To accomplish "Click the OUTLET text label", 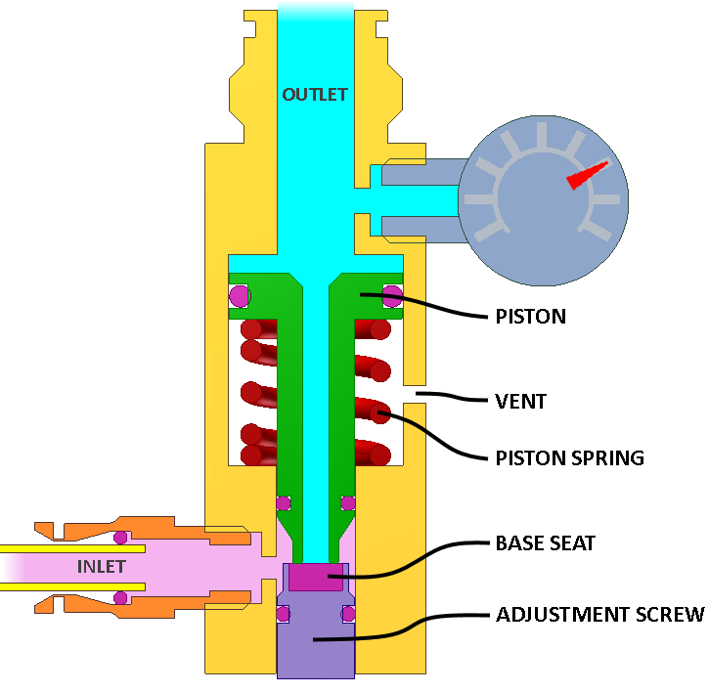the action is click(x=315, y=95).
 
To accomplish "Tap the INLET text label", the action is click(x=102, y=567).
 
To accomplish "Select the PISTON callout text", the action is click(x=531, y=317).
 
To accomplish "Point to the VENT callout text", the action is click(x=521, y=402).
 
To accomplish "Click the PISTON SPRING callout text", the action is click(x=570, y=458).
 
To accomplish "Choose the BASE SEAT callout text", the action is click(x=546, y=542).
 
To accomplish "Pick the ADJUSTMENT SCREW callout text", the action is click(x=600, y=615).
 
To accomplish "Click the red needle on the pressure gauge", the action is click(x=587, y=176).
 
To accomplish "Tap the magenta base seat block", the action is click(x=316, y=577).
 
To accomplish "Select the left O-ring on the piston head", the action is click(x=240, y=296).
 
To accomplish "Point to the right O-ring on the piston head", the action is click(x=392, y=296).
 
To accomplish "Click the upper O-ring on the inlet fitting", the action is click(x=120, y=538).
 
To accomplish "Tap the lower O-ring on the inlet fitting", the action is click(x=120, y=598).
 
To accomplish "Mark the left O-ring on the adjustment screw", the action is click(x=283, y=614).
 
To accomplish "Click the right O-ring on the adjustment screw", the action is click(x=348, y=614).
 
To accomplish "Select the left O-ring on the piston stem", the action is click(x=284, y=502).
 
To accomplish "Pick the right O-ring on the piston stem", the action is click(x=348, y=502).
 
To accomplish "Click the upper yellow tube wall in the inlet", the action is click(x=72, y=548).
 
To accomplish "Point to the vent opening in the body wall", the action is click(x=415, y=394).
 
